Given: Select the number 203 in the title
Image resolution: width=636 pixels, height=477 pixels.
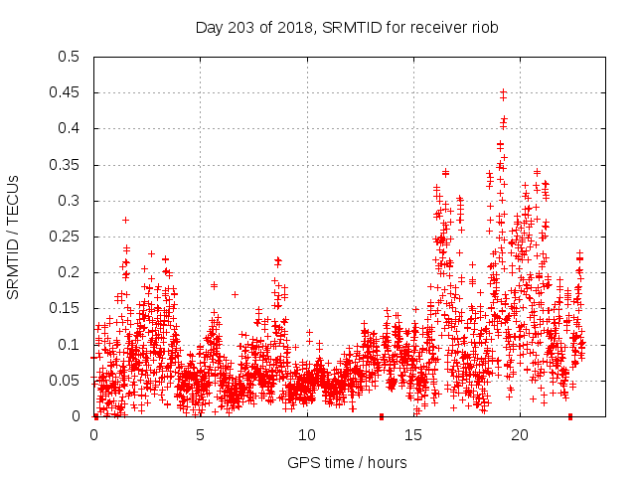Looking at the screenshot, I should click(x=242, y=27).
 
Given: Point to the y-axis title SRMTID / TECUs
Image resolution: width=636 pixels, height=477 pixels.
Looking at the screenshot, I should click(x=14, y=237).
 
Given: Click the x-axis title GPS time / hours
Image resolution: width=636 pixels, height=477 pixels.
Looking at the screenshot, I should click(x=347, y=462).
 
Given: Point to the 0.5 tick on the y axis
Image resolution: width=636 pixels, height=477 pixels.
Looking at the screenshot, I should click(x=67, y=57).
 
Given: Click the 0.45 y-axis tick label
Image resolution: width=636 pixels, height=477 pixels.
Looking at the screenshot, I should click(x=63, y=92).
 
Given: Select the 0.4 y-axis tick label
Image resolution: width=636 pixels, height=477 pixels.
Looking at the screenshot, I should click(x=67, y=128).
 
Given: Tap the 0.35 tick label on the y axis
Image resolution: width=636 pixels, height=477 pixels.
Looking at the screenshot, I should click(x=63, y=165).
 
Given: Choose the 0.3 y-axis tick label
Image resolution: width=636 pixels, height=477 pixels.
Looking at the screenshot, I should click(x=67, y=201).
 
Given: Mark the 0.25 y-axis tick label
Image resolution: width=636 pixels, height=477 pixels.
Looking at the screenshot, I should click(x=63, y=237).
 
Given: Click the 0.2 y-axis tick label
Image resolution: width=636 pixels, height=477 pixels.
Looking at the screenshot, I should click(x=67, y=272).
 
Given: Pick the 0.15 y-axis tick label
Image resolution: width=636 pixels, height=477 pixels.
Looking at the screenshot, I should click(x=63, y=308).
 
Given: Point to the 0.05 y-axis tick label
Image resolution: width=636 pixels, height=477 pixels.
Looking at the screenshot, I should click(x=63, y=381).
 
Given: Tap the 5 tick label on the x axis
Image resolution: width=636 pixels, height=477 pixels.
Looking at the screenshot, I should click(x=201, y=435).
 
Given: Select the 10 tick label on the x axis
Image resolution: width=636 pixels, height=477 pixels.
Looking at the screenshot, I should click(x=307, y=435).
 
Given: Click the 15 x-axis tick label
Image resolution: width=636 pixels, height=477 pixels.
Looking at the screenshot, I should click(x=413, y=435).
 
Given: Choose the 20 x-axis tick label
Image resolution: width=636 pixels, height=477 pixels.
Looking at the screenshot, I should click(x=520, y=435).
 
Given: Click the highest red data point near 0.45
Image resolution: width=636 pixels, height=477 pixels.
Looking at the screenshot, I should click(x=503, y=92).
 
